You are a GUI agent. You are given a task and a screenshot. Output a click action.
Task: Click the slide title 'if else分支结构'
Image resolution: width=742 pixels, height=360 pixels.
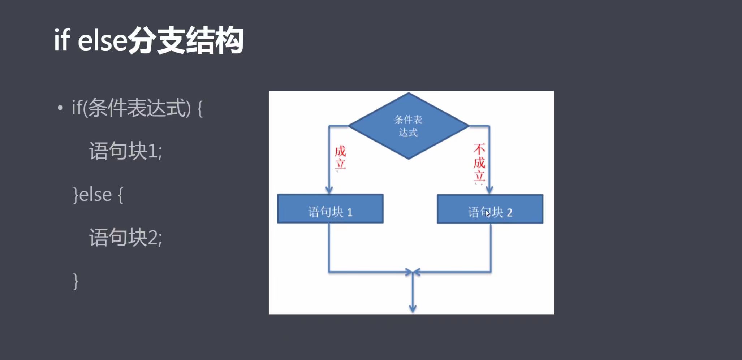(148, 40)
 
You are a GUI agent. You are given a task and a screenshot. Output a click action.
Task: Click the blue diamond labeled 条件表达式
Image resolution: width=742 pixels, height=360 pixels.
(408, 126)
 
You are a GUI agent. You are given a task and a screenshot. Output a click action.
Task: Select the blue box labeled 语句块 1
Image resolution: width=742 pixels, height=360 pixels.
(330, 209)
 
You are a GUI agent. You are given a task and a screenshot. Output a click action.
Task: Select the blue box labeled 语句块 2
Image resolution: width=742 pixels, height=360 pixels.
(490, 209)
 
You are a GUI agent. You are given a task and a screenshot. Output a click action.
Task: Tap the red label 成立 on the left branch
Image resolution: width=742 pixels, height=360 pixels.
(340, 157)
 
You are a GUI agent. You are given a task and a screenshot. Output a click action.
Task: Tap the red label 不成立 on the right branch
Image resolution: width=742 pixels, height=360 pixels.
(479, 162)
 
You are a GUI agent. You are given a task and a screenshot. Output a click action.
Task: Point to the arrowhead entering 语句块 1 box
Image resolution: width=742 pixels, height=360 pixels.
(329, 190)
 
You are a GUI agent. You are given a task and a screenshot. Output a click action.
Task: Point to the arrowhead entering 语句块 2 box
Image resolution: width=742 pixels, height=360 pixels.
(489, 190)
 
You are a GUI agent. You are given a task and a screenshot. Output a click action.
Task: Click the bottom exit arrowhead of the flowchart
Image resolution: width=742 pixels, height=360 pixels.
(413, 309)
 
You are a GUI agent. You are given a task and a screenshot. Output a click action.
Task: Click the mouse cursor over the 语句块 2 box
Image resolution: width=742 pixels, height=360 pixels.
(487, 213)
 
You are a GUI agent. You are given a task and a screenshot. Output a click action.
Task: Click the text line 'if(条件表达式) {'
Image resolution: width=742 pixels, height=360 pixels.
(137, 108)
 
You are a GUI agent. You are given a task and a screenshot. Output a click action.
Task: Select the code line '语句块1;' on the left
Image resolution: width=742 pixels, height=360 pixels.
(126, 151)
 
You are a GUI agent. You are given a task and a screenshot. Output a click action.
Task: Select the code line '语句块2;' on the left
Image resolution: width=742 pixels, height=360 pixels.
(126, 238)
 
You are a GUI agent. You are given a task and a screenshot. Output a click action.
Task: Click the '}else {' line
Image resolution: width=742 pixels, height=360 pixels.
(98, 195)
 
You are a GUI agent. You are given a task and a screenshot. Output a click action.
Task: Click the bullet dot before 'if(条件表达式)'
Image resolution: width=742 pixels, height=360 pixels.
(60, 108)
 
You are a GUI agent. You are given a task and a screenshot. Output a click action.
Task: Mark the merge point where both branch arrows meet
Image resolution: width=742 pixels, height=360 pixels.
(413, 272)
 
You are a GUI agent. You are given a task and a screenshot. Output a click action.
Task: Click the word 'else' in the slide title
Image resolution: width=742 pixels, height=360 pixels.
(102, 40)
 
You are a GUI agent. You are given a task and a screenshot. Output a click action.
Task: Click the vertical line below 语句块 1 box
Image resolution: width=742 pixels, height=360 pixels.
(329, 247)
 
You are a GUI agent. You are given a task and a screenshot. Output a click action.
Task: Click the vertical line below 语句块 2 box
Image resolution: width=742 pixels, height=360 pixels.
(491, 247)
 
